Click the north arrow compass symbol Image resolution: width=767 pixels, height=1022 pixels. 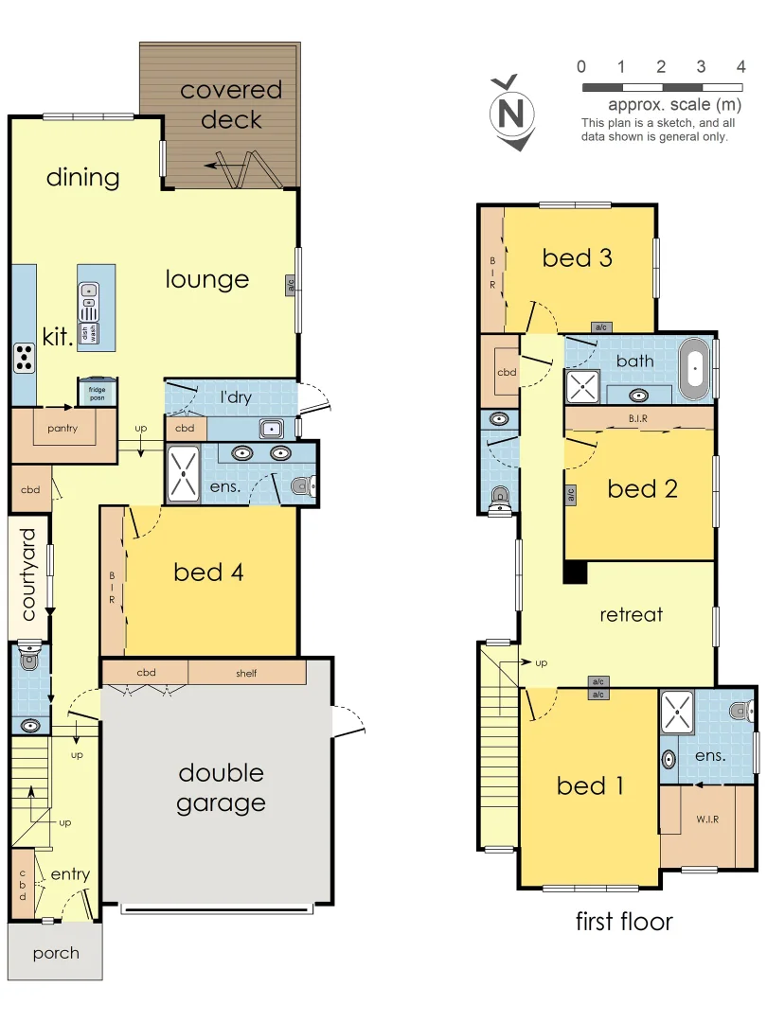click(x=511, y=114)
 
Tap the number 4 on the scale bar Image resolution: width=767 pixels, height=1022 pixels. click(x=740, y=66)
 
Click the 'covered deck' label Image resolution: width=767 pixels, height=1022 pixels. click(x=231, y=105)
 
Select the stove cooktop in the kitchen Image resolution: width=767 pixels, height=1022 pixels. click(x=25, y=356)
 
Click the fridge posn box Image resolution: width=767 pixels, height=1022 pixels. click(x=97, y=392)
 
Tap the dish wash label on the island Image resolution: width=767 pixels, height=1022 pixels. click(x=88, y=333)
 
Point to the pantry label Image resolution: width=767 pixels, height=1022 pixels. click(x=62, y=428)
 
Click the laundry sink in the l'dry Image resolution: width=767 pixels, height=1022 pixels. click(x=271, y=426)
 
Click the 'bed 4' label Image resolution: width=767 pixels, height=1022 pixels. click(x=209, y=573)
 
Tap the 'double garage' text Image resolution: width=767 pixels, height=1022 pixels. click(x=221, y=788)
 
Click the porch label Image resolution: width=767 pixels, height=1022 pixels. click(x=56, y=953)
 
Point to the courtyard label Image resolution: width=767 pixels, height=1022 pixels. click(x=27, y=574)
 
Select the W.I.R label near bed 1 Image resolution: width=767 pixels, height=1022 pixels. click(x=706, y=819)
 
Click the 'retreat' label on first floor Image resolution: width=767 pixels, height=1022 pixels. click(x=631, y=614)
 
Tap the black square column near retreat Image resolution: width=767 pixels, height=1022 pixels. click(x=575, y=573)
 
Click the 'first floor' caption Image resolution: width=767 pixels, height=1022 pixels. click(x=624, y=921)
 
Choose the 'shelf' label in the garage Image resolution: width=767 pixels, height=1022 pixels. click(x=246, y=674)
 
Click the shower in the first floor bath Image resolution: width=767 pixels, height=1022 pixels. click(x=582, y=386)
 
